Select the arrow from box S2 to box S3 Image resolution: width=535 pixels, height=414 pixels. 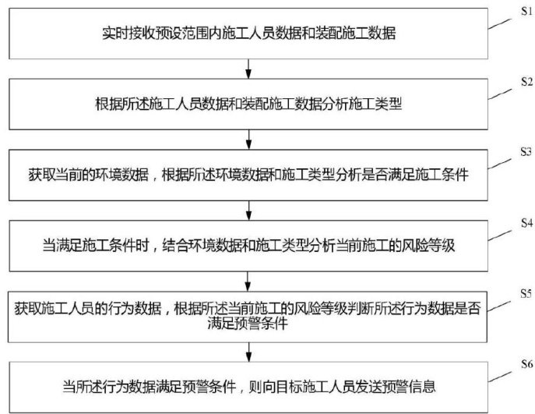(x=248, y=140)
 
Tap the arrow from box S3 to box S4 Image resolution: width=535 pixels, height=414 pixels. (x=248, y=210)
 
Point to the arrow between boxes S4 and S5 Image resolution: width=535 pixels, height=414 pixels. (x=248, y=280)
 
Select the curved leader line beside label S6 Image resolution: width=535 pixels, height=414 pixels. (x=499, y=375)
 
